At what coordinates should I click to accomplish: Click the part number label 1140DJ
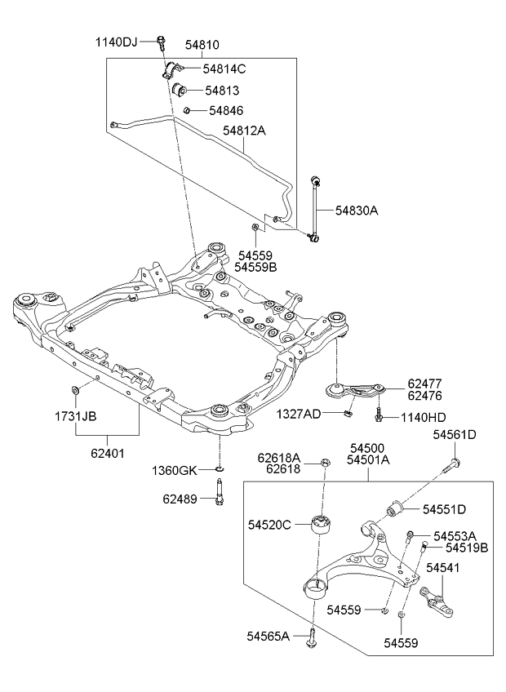117,42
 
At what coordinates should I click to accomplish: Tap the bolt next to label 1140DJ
162,42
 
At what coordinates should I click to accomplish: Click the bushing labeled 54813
179,90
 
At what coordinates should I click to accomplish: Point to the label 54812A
244,131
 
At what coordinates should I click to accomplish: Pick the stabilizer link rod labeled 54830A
315,209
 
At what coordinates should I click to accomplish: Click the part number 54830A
357,211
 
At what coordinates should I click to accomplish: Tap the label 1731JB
76,415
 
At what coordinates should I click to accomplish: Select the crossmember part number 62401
108,453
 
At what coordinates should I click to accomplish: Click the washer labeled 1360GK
220,468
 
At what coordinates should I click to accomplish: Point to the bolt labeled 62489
219,494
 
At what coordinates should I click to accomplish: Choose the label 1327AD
299,414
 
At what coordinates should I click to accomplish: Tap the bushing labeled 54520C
322,523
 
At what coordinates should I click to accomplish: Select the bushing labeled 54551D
396,509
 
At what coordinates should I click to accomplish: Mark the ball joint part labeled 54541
437,601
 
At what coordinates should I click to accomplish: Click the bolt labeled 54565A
312,637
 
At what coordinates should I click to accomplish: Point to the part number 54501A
368,460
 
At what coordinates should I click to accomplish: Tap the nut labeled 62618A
325,463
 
